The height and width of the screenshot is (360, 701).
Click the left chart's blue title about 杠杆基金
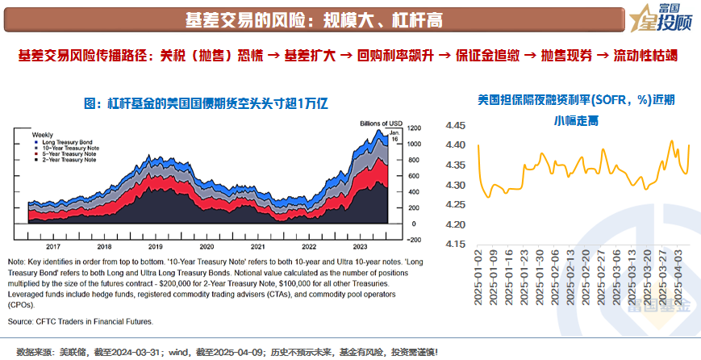pos(208,103)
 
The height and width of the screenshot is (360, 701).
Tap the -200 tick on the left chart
pos(414,240)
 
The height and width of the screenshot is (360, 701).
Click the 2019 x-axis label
pos(156,246)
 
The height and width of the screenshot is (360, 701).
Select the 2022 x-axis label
pos(309,246)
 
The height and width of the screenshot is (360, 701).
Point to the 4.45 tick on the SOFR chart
pos(457,126)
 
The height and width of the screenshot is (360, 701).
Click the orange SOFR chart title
pos(576,109)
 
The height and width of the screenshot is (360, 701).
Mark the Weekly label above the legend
pos(42,134)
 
